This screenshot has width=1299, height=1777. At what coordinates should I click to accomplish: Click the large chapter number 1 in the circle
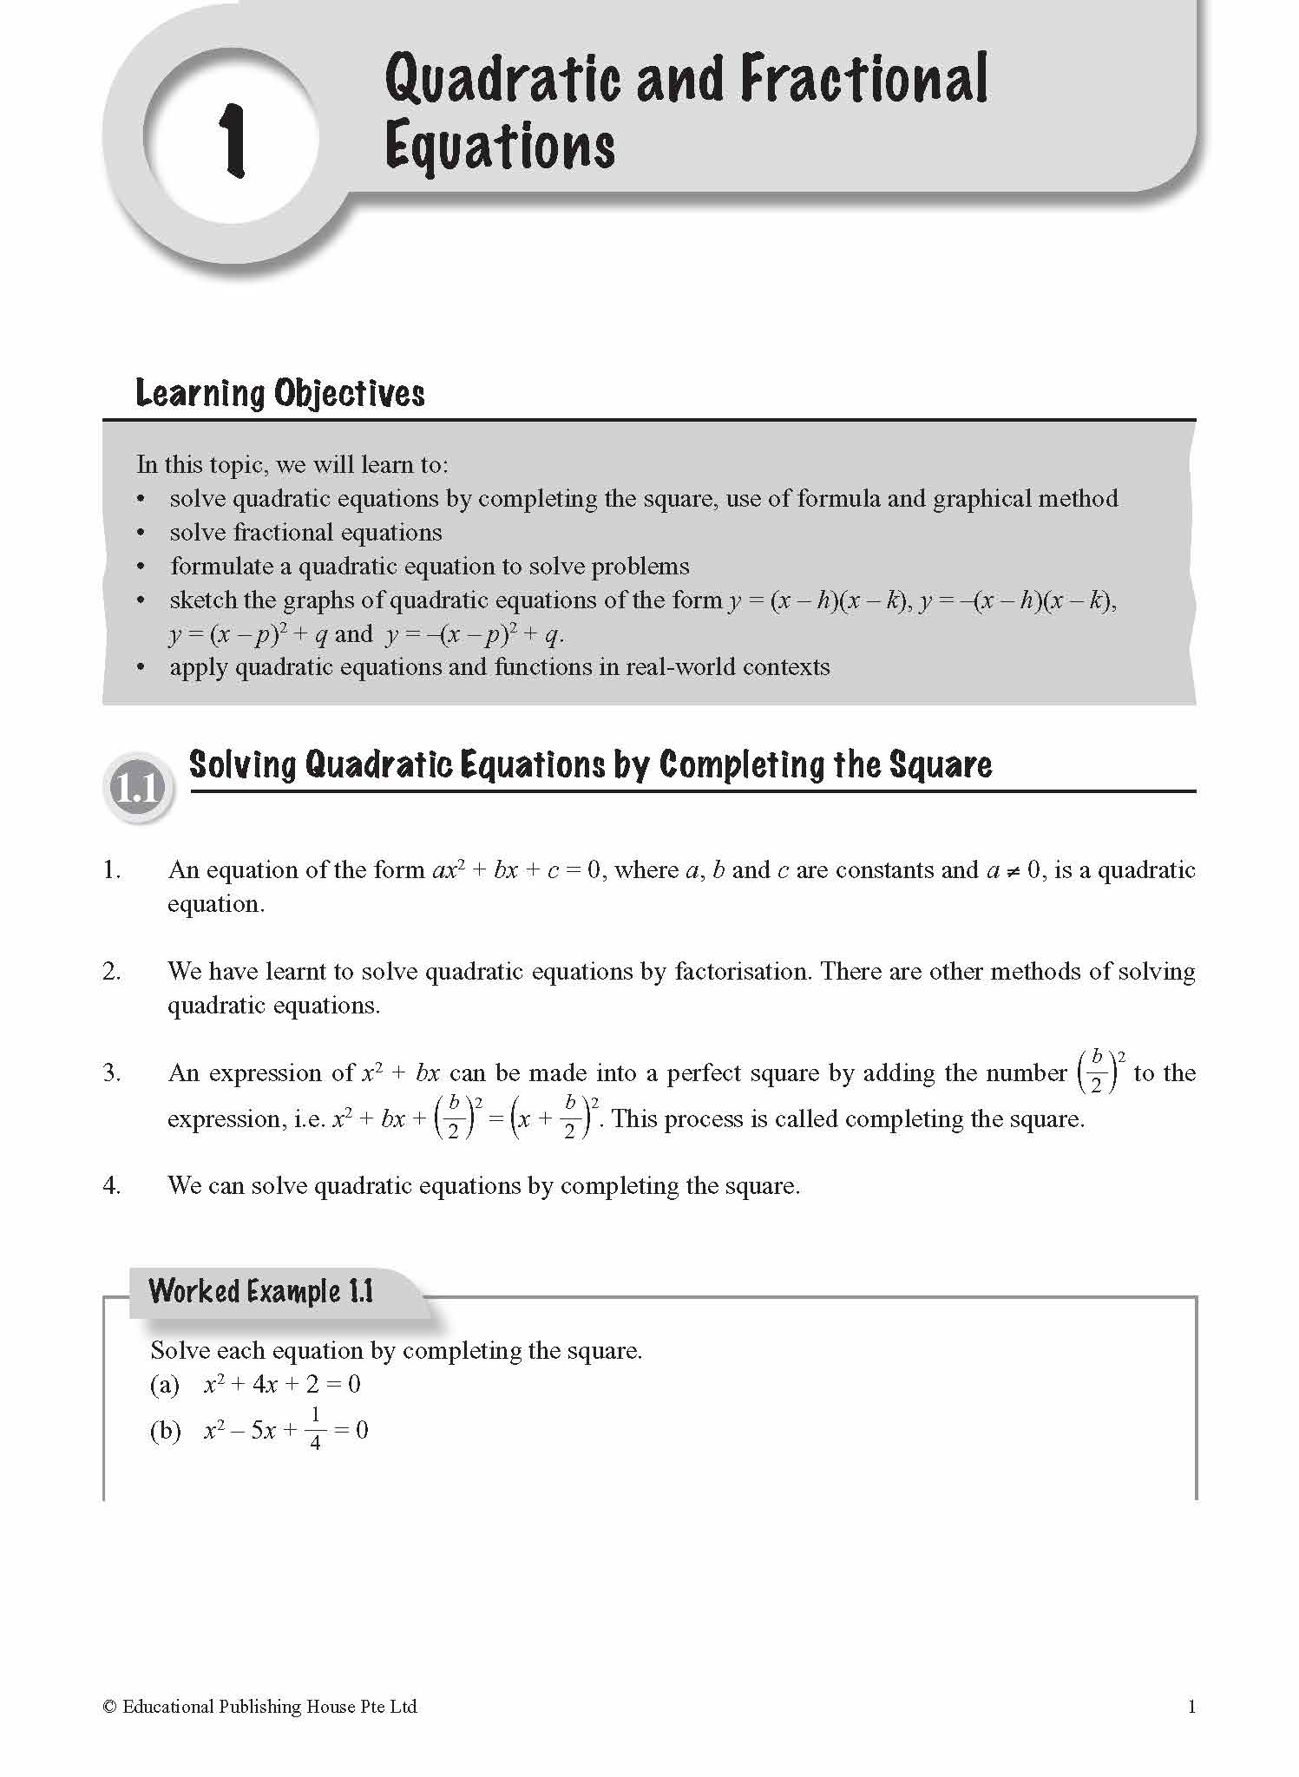(233, 141)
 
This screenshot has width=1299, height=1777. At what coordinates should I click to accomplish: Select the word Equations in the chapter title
(500, 147)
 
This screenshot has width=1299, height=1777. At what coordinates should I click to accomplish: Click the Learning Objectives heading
(280, 394)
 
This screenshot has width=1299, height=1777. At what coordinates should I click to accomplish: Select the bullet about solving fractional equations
(305, 532)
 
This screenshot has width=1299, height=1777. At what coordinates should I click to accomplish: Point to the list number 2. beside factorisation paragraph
(111, 971)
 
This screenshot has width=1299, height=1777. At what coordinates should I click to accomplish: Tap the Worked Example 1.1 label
(260, 1291)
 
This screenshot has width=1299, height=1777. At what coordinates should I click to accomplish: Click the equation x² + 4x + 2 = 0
(282, 1384)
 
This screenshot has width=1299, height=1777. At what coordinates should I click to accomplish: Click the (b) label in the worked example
(165, 1430)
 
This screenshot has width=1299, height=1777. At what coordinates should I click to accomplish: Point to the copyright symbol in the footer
(109, 1707)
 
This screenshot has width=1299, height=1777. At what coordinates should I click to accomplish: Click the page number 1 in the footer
(1191, 1707)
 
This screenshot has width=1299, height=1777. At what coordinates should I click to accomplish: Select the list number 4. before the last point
(111, 1185)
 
